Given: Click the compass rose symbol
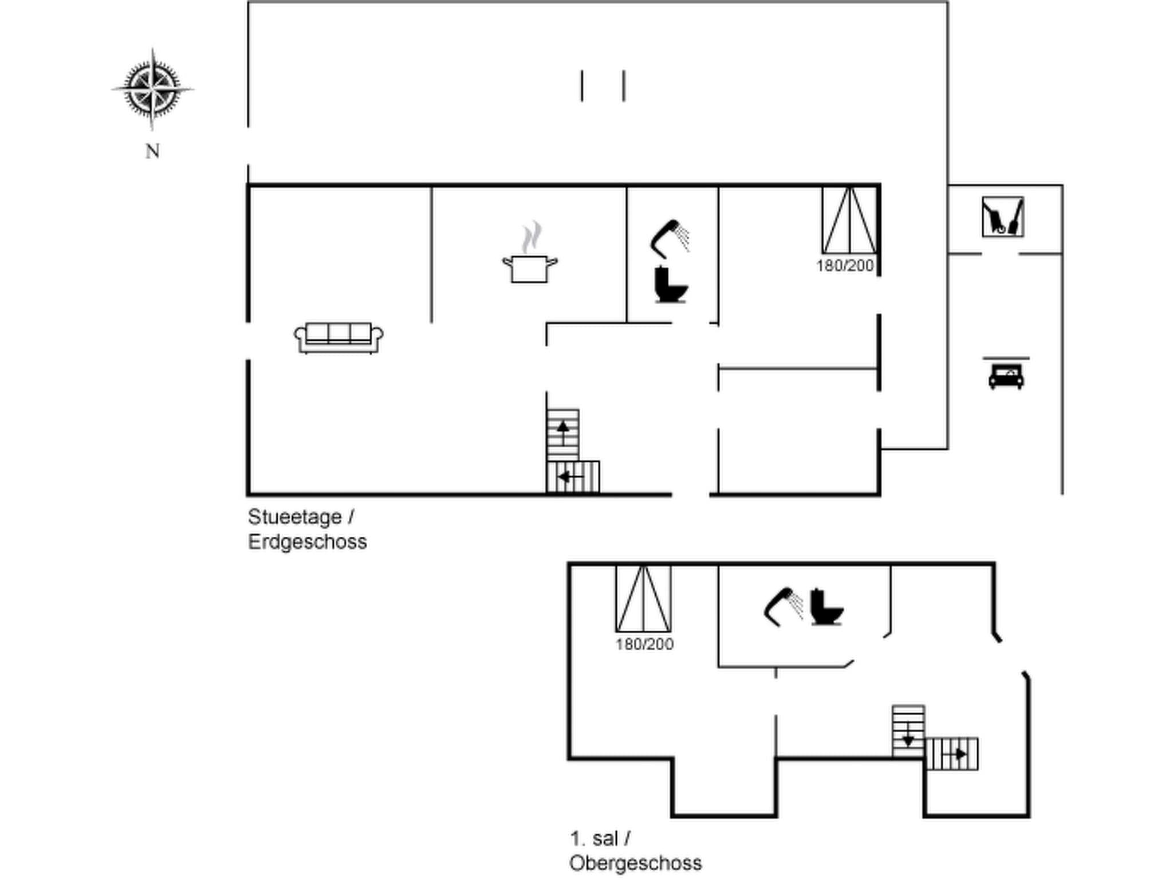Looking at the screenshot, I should tap(152, 89).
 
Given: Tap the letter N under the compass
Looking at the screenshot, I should tap(152, 151).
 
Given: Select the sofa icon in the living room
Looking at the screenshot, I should tap(338, 337).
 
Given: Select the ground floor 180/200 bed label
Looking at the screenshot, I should tap(845, 266).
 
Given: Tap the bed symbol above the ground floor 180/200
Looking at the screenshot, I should tap(849, 221).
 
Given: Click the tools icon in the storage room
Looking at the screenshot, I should tap(1003, 217).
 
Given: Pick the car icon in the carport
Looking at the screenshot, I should tap(1006, 376).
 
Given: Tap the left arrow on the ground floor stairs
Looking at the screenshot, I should tap(571, 477).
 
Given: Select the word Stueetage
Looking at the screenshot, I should tap(295, 517).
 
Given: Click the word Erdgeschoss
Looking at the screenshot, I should tap(308, 542).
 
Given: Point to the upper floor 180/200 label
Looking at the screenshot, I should tap(644, 645).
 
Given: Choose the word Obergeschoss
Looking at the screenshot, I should tap(635, 863).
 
